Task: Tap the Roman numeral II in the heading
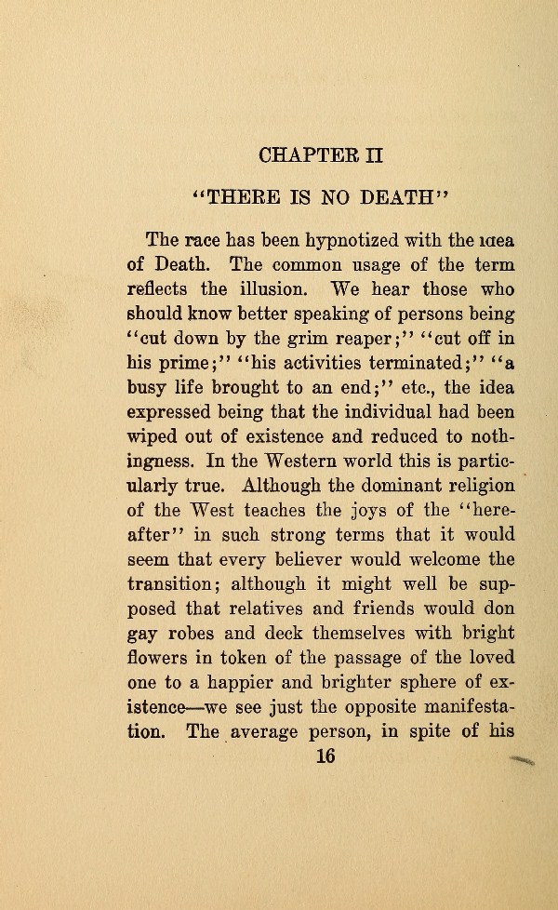click(x=372, y=152)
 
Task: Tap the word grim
click(x=288, y=338)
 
